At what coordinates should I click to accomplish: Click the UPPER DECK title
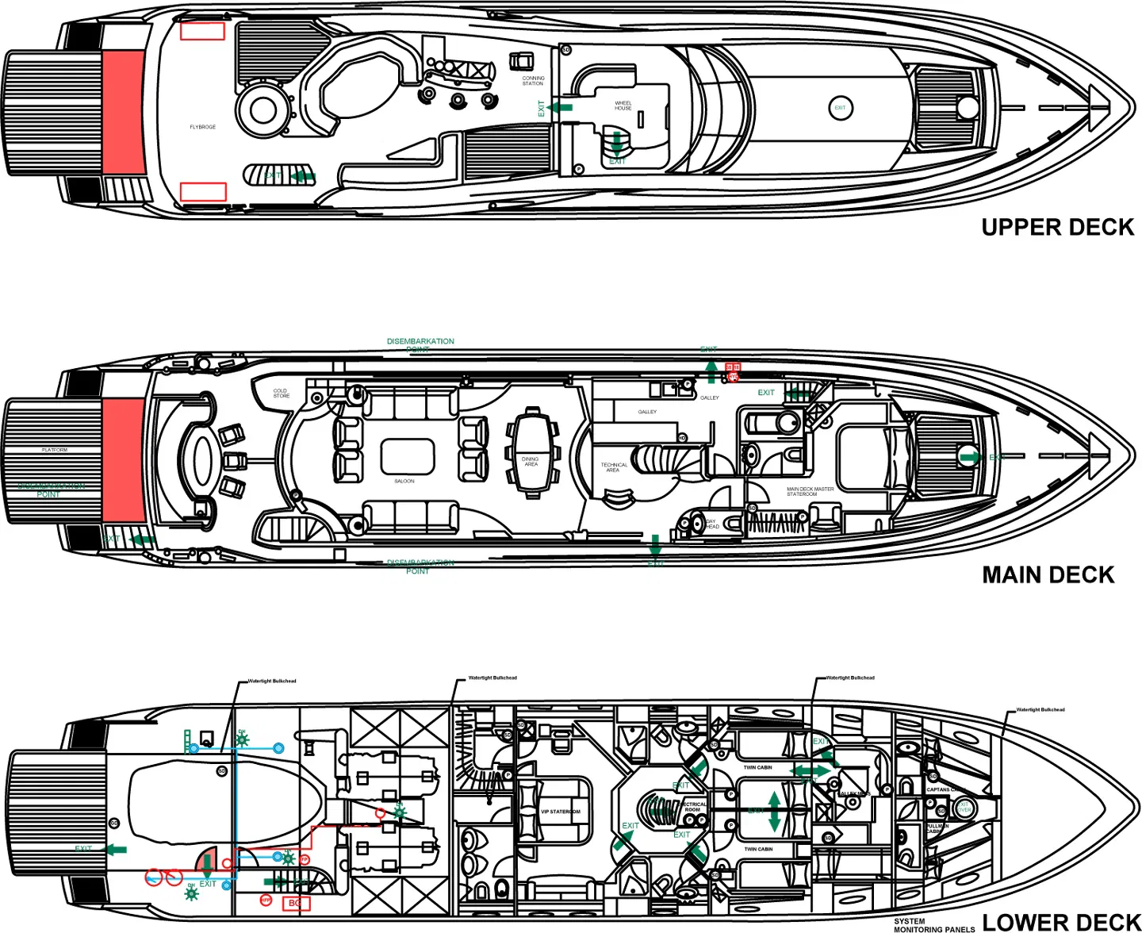point(1057,228)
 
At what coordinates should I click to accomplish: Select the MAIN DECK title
point(1048,575)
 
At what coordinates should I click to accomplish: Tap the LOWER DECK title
point(1060,922)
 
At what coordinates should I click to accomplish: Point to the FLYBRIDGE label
point(202,127)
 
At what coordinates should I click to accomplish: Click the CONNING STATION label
point(533,81)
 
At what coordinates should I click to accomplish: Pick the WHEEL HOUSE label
point(623,106)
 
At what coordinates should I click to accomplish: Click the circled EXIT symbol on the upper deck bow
point(841,108)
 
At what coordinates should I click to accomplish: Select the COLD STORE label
point(281,394)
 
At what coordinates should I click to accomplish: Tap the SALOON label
point(404,482)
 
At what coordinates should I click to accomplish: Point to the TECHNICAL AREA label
point(614,468)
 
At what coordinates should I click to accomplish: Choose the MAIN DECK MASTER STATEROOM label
point(810,492)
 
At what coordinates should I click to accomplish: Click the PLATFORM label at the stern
point(55,450)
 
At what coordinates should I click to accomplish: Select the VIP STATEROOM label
point(561,812)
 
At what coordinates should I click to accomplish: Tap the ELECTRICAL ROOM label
point(692,807)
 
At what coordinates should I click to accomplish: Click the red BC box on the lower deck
point(295,903)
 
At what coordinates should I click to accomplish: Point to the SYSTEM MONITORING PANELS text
point(933,925)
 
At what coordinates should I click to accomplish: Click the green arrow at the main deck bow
point(969,457)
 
